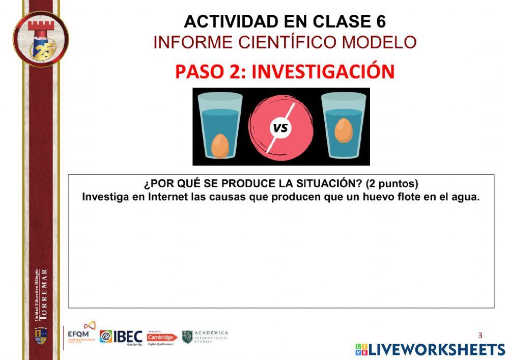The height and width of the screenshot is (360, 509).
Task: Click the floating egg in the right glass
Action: coord(344,130)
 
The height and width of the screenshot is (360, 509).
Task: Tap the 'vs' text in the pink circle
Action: coord(280,128)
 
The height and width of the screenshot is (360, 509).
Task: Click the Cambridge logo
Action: coord(161,338)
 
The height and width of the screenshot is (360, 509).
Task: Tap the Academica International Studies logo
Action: coord(205,337)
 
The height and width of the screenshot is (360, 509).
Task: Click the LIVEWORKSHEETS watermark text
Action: coord(436,349)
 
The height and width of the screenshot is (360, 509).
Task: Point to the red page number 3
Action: coord(480,335)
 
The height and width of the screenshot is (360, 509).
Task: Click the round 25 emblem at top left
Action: coord(41,39)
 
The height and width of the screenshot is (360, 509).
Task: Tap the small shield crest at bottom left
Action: coord(40,336)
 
